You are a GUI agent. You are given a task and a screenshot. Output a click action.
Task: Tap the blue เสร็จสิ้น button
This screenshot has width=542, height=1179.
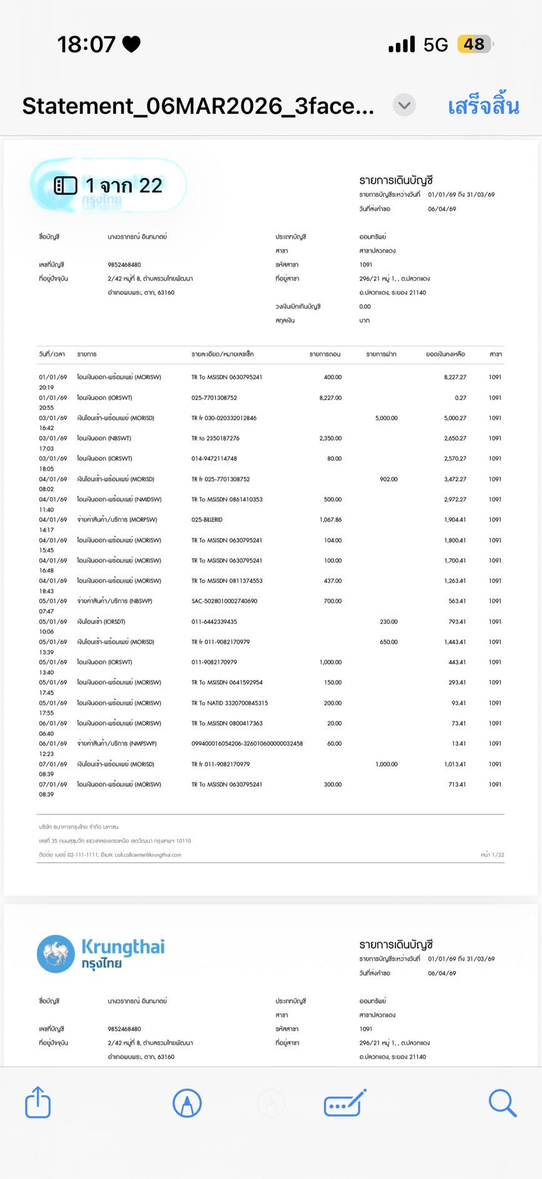pyautogui.click(x=483, y=106)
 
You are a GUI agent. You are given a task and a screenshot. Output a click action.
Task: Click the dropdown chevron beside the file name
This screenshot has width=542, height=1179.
pyautogui.click(x=404, y=105)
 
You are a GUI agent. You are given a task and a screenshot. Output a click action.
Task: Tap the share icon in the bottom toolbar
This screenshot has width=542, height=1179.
pyautogui.click(x=38, y=1102)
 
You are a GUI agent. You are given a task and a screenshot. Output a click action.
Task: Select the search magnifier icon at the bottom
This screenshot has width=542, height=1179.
pyautogui.click(x=502, y=1103)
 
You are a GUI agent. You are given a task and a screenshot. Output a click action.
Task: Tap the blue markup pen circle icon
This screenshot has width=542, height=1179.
pyautogui.click(x=187, y=1103)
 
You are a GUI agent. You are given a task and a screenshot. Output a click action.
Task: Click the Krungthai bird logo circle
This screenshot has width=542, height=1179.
pyautogui.click(x=56, y=953)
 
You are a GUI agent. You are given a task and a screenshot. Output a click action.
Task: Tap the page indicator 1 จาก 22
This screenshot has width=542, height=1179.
pyautogui.click(x=109, y=186)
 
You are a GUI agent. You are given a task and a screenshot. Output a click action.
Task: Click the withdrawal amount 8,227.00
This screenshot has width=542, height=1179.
pyautogui.click(x=330, y=398)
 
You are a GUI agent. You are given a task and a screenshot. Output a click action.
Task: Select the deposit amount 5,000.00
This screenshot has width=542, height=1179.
pyautogui.click(x=387, y=418)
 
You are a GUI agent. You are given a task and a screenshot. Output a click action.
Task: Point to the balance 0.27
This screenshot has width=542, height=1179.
pyautogui.click(x=460, y=398)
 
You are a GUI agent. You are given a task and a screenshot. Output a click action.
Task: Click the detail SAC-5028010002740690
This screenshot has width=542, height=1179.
pyautogui.click(x=224, y=601)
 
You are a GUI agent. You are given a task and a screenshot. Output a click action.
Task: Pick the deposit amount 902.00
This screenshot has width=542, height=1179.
pyautogui.click(x=388, y=479)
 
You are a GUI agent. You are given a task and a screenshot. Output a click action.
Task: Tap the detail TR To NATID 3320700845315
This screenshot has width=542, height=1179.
pyautogui.click(x=229, y=703)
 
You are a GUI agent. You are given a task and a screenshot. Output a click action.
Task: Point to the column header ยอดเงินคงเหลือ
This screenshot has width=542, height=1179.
pyautogui.click(x=445, y=354)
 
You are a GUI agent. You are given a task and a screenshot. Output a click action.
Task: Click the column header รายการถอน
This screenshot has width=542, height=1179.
pyautogui.click(x=325, y=354)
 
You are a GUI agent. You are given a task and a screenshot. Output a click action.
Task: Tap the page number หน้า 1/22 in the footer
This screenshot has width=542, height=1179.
pyautogui.click(x=492, y=855)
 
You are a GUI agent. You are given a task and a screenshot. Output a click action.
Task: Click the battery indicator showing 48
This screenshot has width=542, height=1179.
pyautogui.click(x=474, y=44)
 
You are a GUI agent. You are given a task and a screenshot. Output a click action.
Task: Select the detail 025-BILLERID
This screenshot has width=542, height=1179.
pyautogui.click(x=207, y=520)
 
